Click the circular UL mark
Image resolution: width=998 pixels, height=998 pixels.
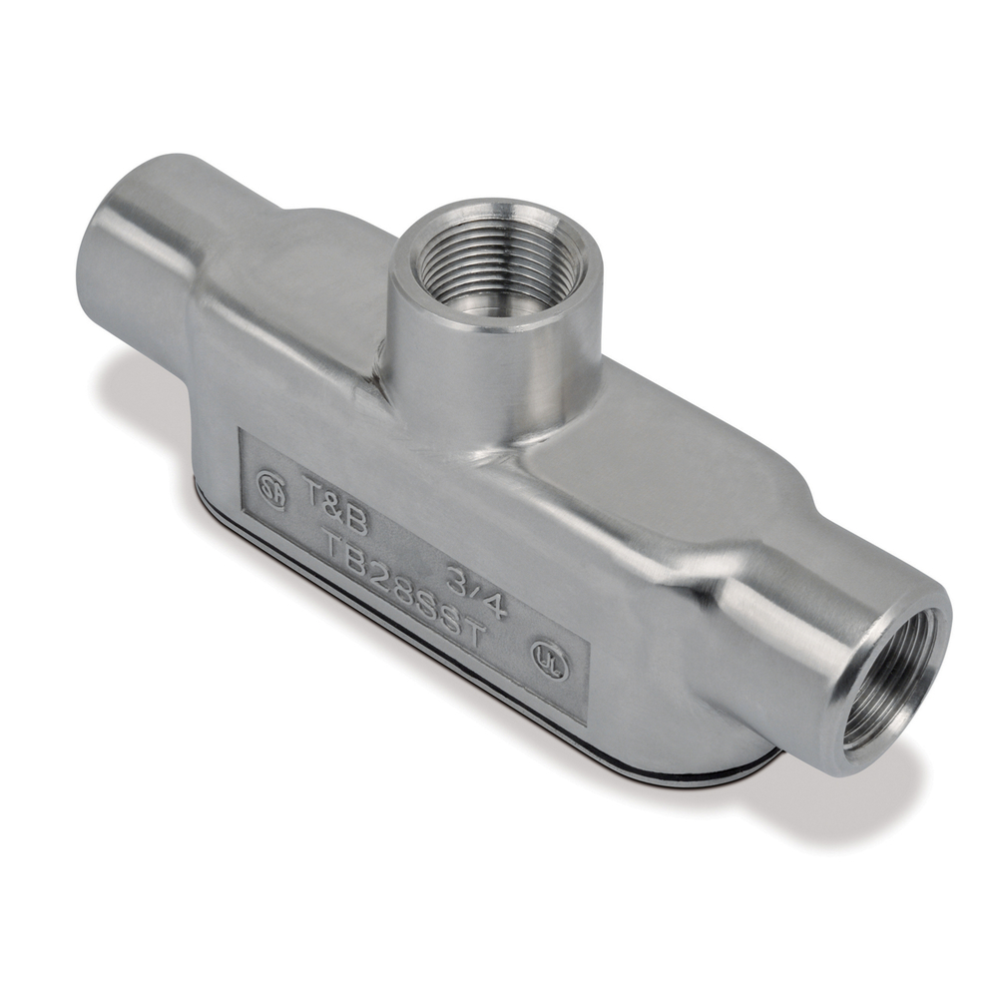click(549, 660)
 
